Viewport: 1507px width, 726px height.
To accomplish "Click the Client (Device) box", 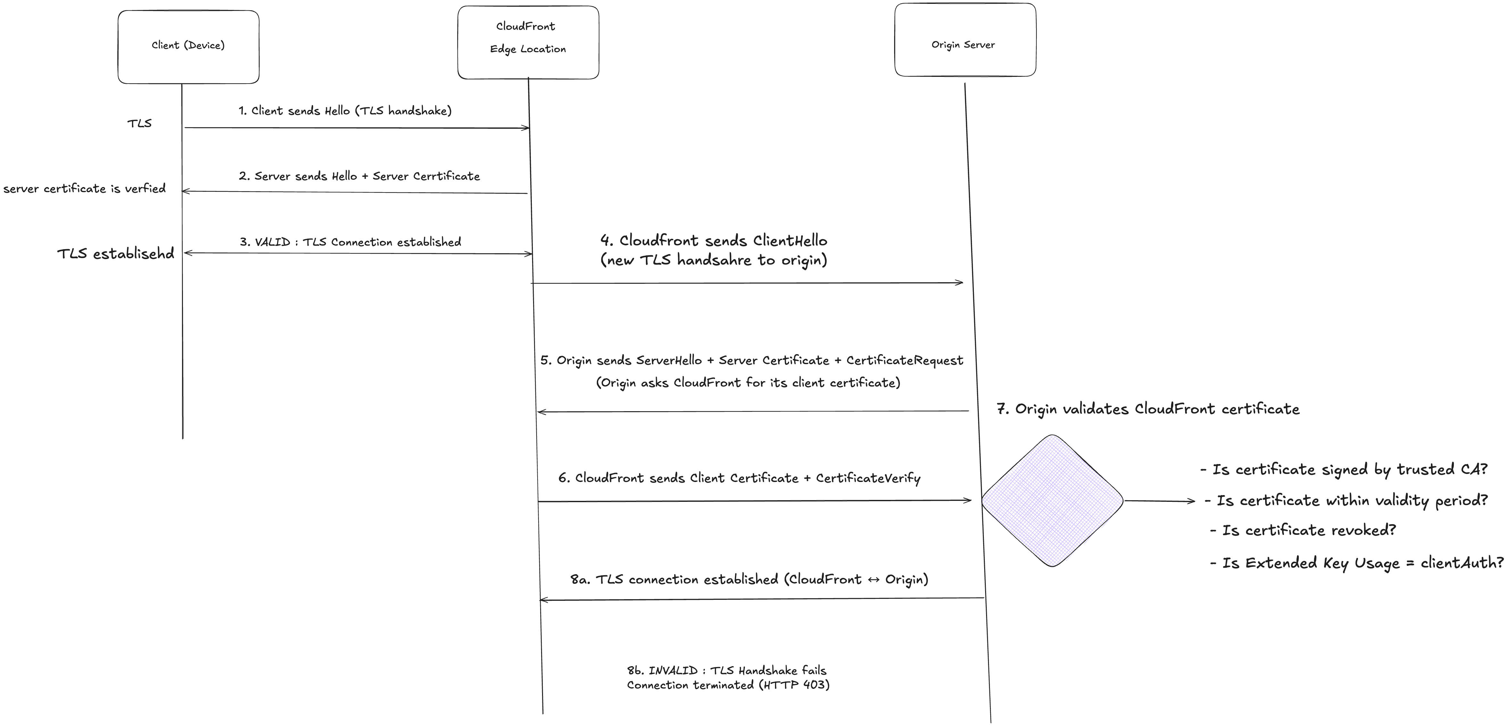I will tap(188, 47).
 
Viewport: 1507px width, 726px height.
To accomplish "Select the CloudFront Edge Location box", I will tap(528, 42).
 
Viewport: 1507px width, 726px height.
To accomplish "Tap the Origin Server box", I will tap(965, 40).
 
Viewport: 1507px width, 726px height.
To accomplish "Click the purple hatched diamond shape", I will tap(1052, 501).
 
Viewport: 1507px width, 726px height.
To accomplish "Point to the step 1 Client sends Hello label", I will tap(345, 110).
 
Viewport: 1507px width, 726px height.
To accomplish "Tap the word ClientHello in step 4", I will tap(790, 241).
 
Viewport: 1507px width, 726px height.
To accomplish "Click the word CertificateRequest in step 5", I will tap(904, 360).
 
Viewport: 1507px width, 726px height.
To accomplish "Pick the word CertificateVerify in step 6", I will tap(868, 478).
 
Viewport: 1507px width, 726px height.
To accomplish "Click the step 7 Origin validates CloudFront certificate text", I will tap(1148, 409).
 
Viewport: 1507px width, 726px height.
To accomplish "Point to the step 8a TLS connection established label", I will tap(749, 579).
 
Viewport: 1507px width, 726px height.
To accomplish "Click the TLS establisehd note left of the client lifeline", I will tap(116, 253).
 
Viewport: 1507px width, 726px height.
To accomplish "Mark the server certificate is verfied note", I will tap(84, 188).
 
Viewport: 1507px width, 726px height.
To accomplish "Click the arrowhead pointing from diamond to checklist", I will tap(1191, 501).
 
